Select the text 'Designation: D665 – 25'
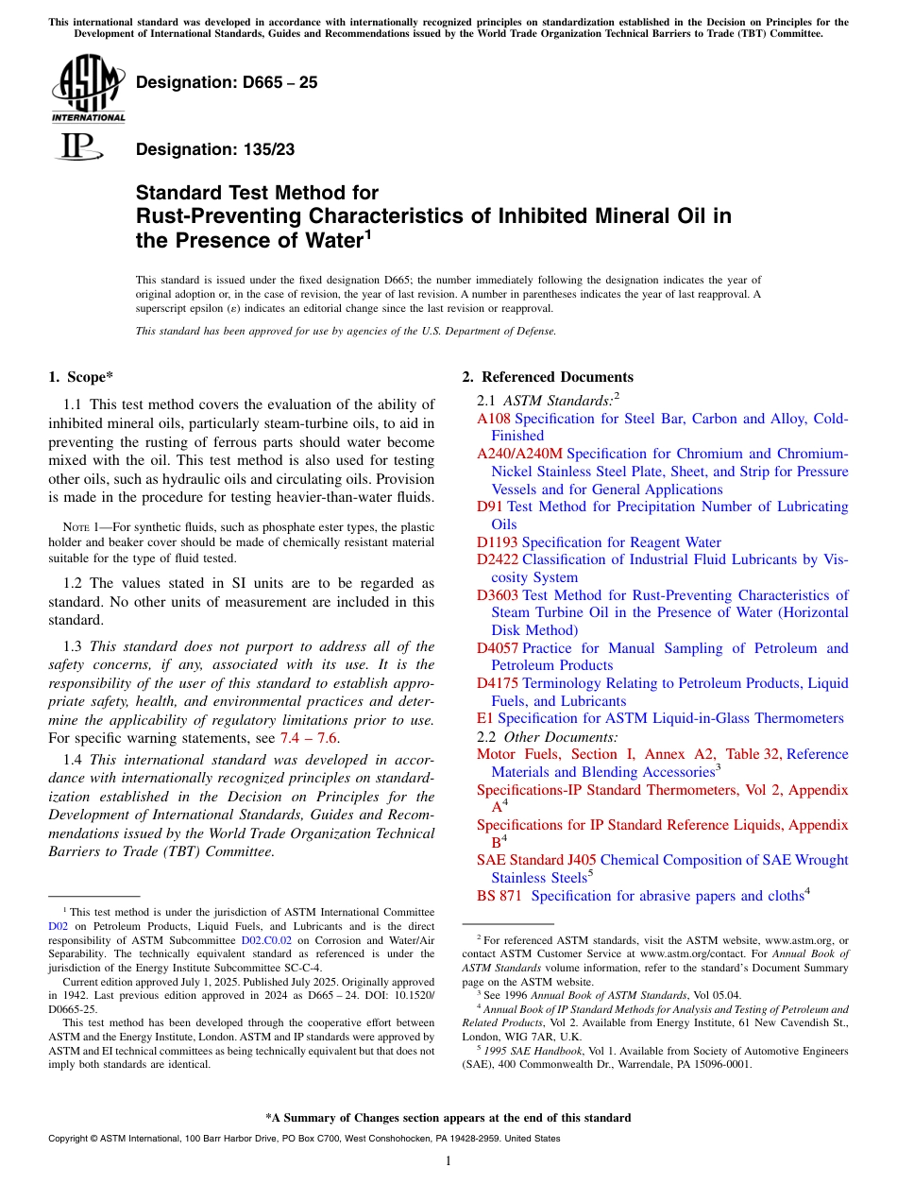click(227, 82)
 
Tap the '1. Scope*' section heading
click(81, 377)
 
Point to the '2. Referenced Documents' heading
click(548, 377)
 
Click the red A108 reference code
click(495, 419)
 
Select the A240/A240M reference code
click(519, 454)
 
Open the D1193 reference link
click(498, 542)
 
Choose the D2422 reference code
click(498, 559)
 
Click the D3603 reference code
click(498, 595)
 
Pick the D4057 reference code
click(498, 648)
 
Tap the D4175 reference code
click(498, 683)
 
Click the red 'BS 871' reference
click(499, 896)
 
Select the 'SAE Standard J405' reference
click(536, 860)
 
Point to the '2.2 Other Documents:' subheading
click(548, 736)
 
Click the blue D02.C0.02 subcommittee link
click(266, 941)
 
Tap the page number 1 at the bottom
click(448, 1160)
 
